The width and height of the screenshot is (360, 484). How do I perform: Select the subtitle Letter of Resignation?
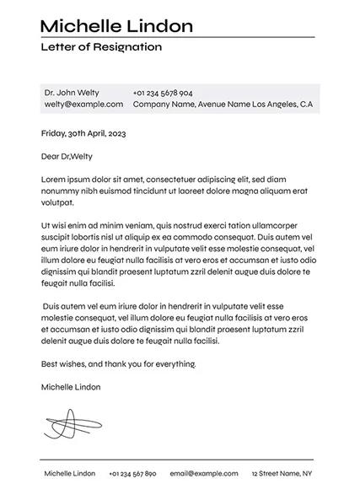[x=101, y=47]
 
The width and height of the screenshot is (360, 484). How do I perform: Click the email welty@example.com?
[x=83, y=105]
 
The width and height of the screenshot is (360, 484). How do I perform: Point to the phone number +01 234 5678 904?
[x=163, y=93]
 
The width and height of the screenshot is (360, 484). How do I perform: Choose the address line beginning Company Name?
[x=223, y=105]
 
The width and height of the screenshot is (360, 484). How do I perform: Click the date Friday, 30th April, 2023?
[x=83, y=133]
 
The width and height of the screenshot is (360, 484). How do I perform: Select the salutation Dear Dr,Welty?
[x=67, y=156]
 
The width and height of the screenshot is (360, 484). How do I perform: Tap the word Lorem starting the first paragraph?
[x=53, y=179]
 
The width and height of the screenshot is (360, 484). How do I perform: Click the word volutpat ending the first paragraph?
[x=57, y=203]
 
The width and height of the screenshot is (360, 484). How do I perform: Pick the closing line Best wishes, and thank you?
[x=118, y=364]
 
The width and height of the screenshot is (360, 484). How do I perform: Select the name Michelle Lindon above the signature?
[x=71, y=387]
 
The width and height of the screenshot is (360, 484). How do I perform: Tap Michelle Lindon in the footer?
[x=70, y=474]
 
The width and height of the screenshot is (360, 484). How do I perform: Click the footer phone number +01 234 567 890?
[x=132, y=474]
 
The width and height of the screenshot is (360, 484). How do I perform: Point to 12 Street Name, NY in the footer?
[x=282, y=474]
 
